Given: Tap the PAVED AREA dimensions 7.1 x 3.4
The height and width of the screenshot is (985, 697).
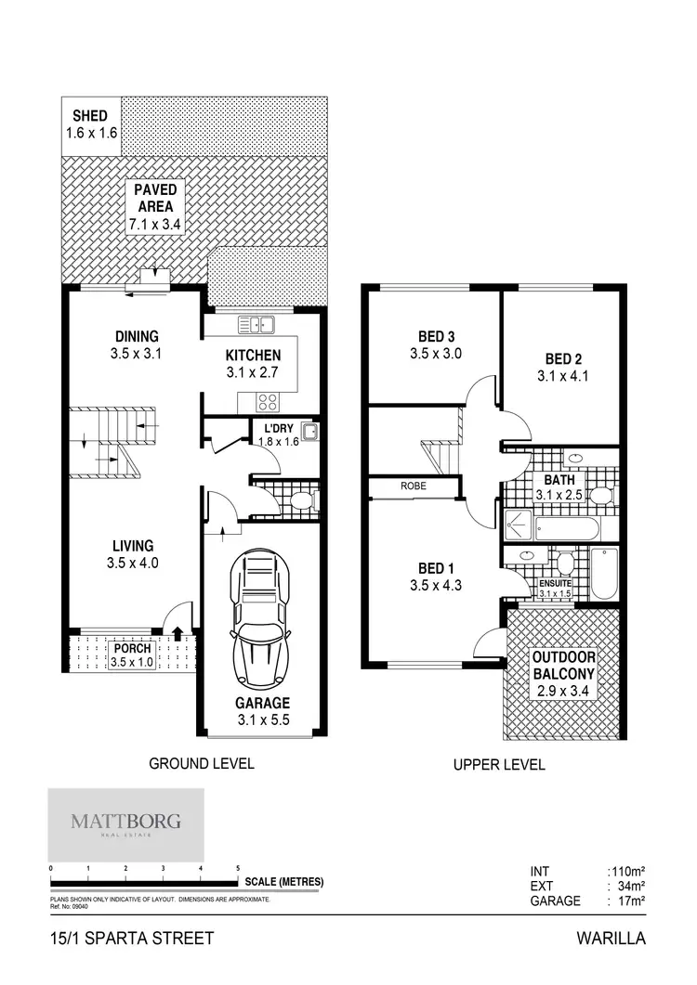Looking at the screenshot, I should (155, 225).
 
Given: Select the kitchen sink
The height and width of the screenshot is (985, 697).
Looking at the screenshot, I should (255, 324).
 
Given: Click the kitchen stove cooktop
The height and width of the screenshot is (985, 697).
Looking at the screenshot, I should (268, 402).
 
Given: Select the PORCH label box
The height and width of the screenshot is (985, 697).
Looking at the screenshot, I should (130, 655).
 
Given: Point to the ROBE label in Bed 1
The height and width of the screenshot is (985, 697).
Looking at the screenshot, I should (414, 486).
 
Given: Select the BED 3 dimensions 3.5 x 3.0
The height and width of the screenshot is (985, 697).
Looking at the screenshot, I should (436, 354).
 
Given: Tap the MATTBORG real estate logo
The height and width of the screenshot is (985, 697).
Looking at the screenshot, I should (125, 823).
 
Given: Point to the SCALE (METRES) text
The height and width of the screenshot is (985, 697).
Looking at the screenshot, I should (283, 882).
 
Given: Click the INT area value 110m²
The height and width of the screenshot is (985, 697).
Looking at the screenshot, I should (626, 871).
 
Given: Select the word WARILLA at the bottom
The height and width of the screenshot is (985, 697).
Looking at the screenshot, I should (611, 939).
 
